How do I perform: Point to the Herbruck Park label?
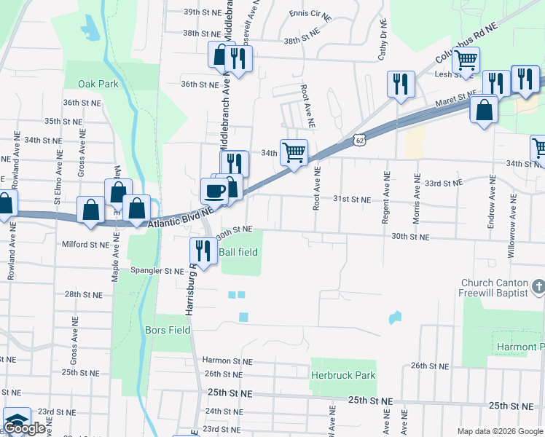coord(343,375)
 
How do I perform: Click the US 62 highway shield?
coord(357,138)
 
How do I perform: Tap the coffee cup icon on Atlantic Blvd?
coord(214,191)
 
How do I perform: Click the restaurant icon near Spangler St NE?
coord(203,251)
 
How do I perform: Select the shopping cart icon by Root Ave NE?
coord(294,152)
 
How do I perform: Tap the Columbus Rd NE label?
coord(466,43)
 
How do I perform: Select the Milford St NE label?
coord(85,245)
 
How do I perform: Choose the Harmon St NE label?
coord(227,361)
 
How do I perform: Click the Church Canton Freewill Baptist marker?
coord(538,287)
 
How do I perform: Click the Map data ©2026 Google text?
coord(499,430)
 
